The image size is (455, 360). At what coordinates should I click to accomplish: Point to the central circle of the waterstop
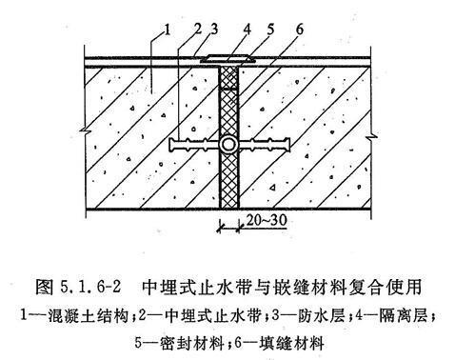tap(229, 146)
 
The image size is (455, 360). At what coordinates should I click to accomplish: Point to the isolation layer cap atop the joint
tap(229, 60)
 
